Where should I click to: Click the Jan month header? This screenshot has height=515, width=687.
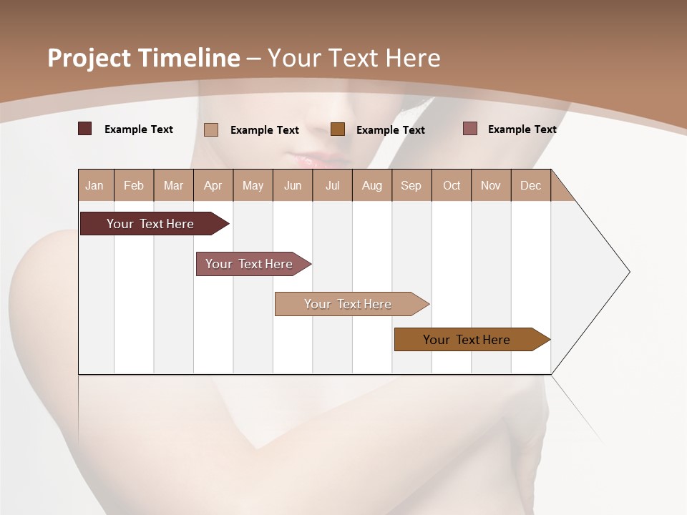pos(95,186)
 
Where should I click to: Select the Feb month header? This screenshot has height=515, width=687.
pos(134,186)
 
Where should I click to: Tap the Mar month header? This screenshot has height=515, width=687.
pos(173,186)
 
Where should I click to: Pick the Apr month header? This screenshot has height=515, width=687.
pos(213,186)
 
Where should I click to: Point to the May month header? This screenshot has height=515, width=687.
pos(253,186)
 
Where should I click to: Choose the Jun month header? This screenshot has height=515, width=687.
pos(293,186)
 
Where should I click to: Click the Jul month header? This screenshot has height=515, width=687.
pos(332,186)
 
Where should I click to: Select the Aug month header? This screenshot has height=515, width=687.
pos(372,186)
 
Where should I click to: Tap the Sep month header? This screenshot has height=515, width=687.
pos(411,186)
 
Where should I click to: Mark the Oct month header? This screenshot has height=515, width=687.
pos(452,186)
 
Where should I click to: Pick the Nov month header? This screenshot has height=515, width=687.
pos(491,186)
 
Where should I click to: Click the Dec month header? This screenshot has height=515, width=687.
pos(531,186)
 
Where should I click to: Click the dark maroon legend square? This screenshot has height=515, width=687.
pos(85,129)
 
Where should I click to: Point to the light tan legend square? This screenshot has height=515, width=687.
pos(211,129)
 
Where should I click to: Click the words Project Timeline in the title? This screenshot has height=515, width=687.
pos(144,58)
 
